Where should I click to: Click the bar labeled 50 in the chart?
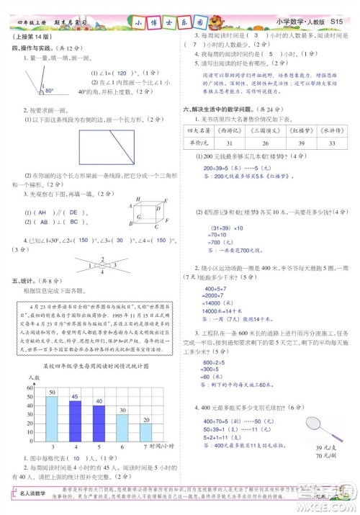(x=52, y=418)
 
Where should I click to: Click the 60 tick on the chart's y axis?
(x=30, y=388)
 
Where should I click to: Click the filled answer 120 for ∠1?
(x=122, y=73)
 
